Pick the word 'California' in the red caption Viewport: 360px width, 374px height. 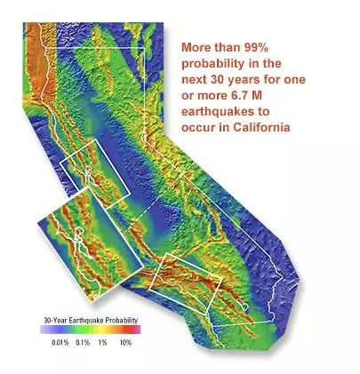tap(261, 127)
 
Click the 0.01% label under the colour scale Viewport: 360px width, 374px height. tap(60, 343)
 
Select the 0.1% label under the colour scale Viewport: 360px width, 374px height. tap(83, 343)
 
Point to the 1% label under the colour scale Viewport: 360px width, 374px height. tap(102, 343)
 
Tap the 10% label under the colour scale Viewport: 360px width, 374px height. tap(125, 343)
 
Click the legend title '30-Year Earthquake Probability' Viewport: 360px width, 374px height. tap(91, 321)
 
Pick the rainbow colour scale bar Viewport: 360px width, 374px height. tap(91, 330)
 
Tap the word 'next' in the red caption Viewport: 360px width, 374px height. tap(193, 80)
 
